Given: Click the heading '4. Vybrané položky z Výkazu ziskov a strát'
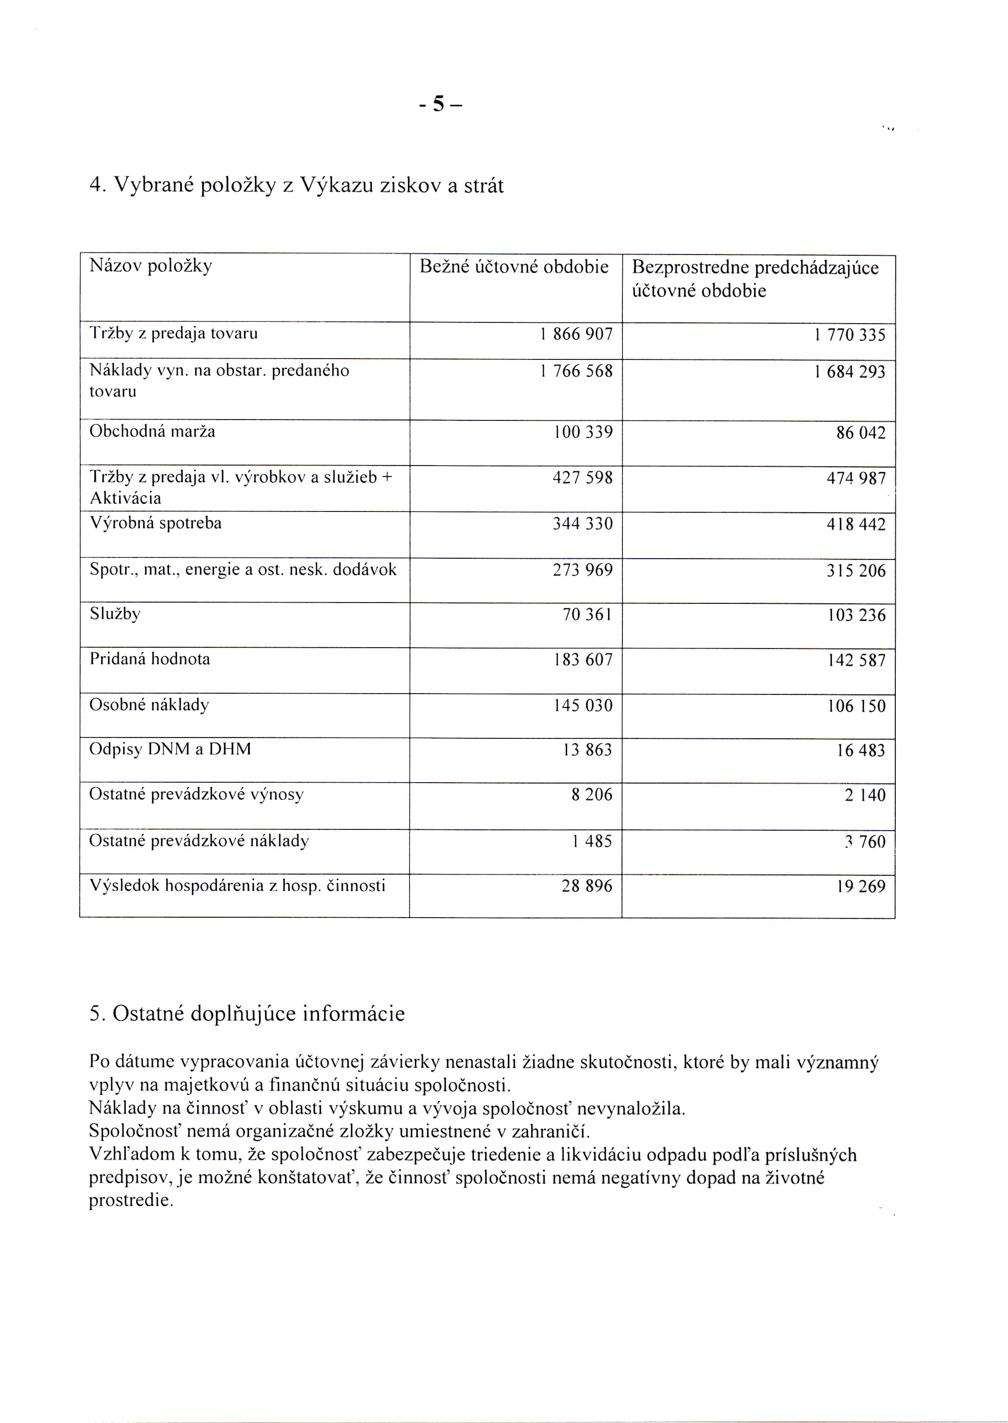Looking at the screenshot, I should click(x=297, y=185).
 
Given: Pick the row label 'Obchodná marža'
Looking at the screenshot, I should click(x=152, y=431).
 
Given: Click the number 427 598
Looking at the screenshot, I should click(x=582, y=478).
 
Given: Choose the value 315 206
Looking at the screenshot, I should click(x=855, y=571).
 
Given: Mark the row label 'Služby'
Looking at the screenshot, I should click(x=115, y=614).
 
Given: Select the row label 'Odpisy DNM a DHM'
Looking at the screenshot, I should click(x=170, y=749).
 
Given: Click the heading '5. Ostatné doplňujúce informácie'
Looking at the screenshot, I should click(x=247, y=1014).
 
